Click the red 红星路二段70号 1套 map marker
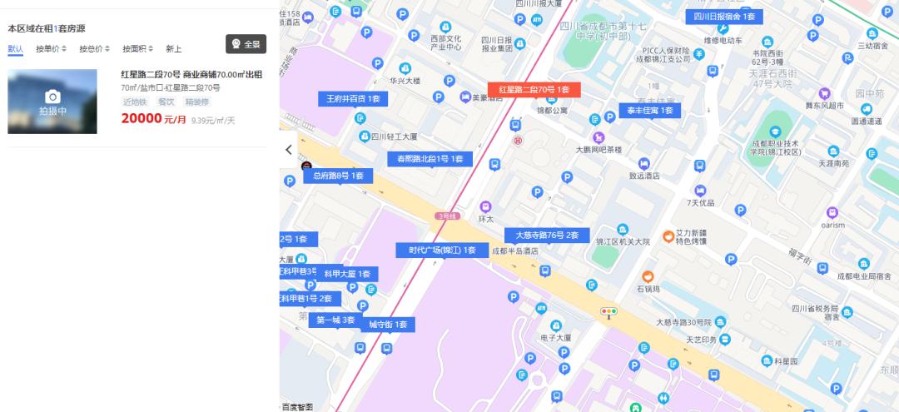(534, 90)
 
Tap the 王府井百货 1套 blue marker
(353, 99)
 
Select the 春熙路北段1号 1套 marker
(430, 159)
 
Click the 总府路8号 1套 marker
(338, 176)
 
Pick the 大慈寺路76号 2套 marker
(547, 236)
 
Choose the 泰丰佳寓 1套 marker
(649, 111)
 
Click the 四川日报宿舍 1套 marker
(724, 17)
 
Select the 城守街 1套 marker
(388, 325)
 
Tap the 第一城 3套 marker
(335, 320)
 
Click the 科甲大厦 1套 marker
(350, 274)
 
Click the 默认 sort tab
(15, 49)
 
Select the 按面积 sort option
(137, 49)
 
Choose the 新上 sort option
(174, 49)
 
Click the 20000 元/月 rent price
(153, 119)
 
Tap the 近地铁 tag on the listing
(135, 102)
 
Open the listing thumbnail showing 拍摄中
(52, 102)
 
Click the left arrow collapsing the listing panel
(289, 150)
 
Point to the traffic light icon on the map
(609, 312)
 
